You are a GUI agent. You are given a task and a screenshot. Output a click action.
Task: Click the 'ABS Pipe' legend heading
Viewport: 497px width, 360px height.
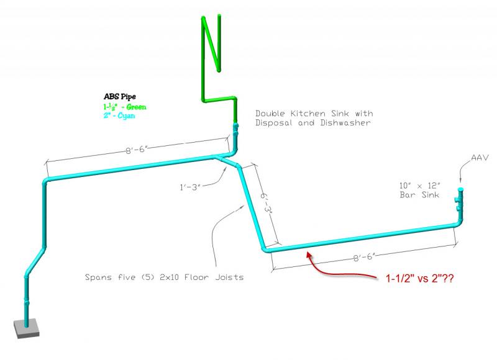[120, 97]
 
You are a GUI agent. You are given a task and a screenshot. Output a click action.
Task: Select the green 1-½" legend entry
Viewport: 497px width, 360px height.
[125, 107]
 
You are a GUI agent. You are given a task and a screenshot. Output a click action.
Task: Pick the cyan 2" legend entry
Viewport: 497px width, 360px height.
[119, 115]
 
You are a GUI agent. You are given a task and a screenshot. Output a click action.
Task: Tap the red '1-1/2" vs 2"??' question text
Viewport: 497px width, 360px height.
[420, 279]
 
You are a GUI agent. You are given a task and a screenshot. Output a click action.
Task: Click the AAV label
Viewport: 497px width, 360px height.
[480, 158]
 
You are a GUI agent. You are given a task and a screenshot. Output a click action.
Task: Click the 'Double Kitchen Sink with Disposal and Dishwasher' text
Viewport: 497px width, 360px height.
[314, 118]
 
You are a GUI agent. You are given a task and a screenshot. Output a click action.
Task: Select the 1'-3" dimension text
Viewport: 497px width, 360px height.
[190, 187]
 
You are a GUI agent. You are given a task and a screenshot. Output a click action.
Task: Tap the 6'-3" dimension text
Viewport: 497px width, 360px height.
[267, 205]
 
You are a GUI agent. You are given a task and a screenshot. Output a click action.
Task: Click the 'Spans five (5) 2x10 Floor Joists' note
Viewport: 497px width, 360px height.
[164, 277]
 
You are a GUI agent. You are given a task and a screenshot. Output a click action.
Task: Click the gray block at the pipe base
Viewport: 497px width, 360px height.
[26, 328]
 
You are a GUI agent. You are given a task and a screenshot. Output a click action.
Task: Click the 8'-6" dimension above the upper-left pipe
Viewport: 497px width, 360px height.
[137, 149]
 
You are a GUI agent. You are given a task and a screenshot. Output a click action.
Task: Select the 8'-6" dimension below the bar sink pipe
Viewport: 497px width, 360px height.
[365, 257]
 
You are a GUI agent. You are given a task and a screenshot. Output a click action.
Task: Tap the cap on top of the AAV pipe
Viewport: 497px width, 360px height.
[460, 189]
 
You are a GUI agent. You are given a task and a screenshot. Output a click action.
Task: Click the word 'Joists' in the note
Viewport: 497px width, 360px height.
[229, 277]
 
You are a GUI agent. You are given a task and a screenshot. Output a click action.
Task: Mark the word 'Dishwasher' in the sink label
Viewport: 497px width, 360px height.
[345, 123]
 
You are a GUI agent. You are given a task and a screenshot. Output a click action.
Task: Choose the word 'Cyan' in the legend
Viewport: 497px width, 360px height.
[127, 115]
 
